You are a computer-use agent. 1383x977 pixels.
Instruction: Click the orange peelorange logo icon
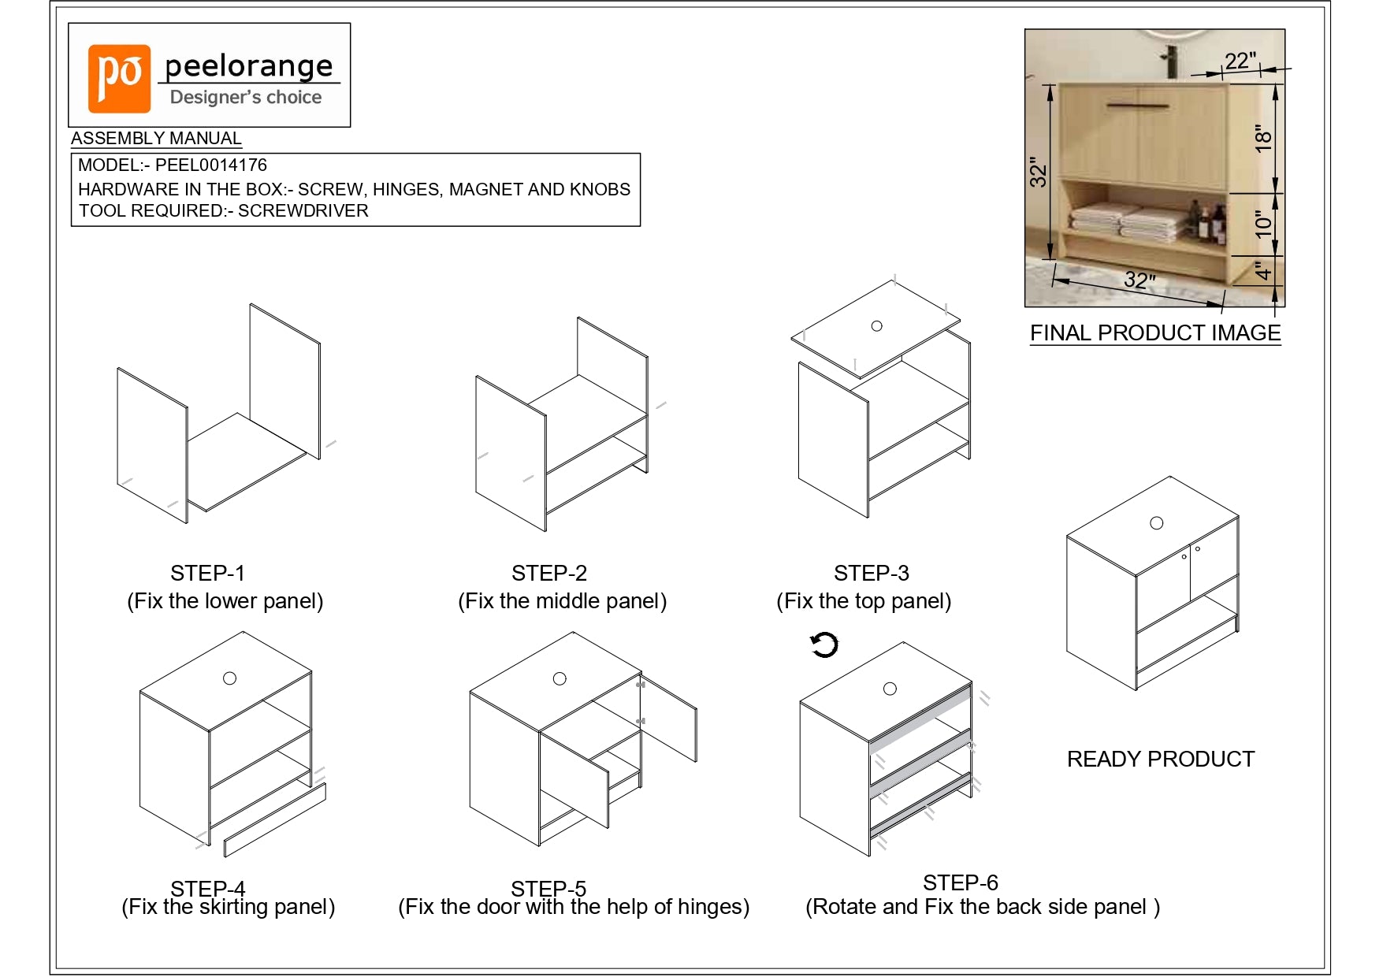(119, 78)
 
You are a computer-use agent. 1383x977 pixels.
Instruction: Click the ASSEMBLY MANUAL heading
(156, 138)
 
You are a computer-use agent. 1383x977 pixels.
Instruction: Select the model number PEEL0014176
(211, 165)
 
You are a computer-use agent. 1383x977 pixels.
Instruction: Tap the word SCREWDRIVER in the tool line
(303, 211)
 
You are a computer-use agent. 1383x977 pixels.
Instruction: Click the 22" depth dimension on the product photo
(1240, 61)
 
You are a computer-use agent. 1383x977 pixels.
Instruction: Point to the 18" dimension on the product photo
(1263, 139)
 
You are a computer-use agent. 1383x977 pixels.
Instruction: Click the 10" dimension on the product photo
(1263, 225)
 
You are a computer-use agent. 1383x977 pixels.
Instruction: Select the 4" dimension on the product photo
(1263, 272)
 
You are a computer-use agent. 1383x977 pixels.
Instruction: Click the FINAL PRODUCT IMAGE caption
(1155, 333)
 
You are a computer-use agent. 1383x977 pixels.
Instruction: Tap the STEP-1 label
(208, 573)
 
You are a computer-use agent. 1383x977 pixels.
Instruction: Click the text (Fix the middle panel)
(563, 601)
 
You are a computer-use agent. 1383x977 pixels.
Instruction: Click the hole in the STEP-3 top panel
(876, 326)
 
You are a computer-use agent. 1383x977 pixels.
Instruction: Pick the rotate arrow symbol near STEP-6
(825, 645)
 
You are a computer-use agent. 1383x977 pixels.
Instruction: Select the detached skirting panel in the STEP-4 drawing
(274, 820)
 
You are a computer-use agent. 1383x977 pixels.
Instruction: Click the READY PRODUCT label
(1161, 759)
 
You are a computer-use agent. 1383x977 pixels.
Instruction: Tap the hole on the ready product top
(1157, 523)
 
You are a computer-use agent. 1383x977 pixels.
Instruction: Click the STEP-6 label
(961, 882)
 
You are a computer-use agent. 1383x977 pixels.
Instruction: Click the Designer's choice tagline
(246, 98)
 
